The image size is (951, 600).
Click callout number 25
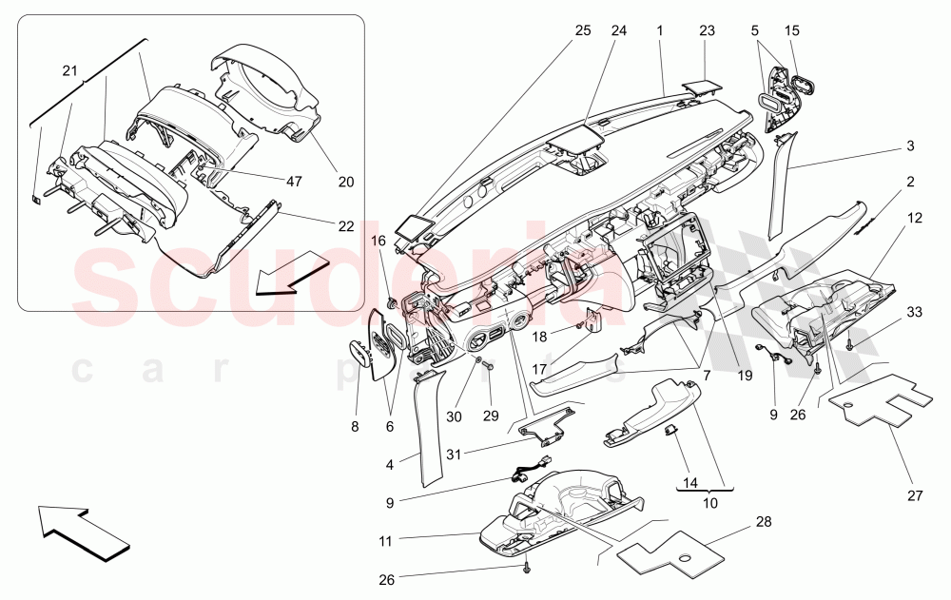(582, 30)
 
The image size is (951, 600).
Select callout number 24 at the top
(619, 30)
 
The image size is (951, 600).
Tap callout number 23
(707, 30)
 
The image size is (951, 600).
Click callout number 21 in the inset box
(69, 71)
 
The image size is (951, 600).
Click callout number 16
(379, 242)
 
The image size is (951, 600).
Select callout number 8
(355, 428)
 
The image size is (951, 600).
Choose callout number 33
(914, 313)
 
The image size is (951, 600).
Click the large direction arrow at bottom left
(83, 531)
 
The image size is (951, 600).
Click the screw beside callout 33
(849, 343)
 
